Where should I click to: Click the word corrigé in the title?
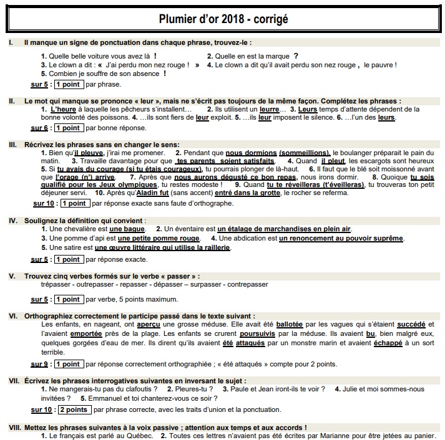tap(269, 19)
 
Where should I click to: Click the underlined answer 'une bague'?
tap(128, 229)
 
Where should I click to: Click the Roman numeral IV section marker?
tap(12, 221)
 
